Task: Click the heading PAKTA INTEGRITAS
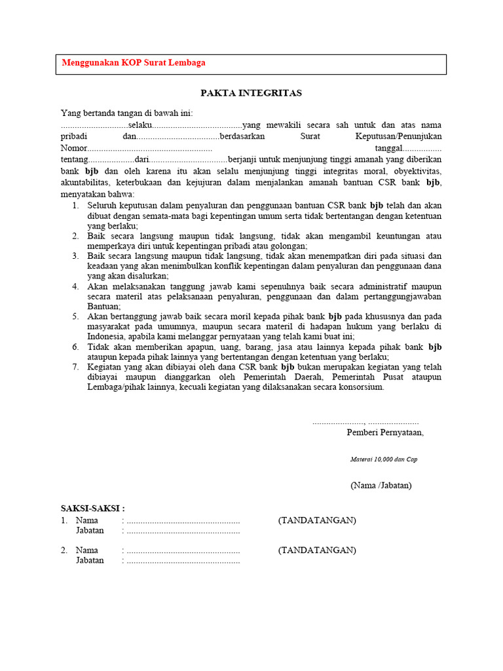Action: pyautogui.click(x=251, y=93)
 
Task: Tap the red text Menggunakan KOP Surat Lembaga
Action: pyautogui.click(x=134, y=63)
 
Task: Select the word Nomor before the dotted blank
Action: pyautogui.click(x=73, y=148)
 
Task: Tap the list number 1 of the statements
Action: pyautogui.click(x=75, y=205)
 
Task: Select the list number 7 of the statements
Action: pyautogui.click(x=75, y=367)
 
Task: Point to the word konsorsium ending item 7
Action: pyautogui.click(x=360, y=387)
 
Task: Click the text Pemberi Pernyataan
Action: pyautogui.click(x=384, y=432)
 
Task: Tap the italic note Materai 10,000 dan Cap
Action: pyautogui.click(x=383, y=459)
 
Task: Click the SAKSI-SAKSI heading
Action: pyautogui.click(x=92, y=508)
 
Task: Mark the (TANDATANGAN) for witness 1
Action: pyautogui.click(x=317, y=520)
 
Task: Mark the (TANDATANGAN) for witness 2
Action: pyautogui.click(x=317, y=550)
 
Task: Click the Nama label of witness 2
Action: pyautogui.click(x=87, y=550)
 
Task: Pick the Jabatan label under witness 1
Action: pyautogui.click(x=90, y=530)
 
